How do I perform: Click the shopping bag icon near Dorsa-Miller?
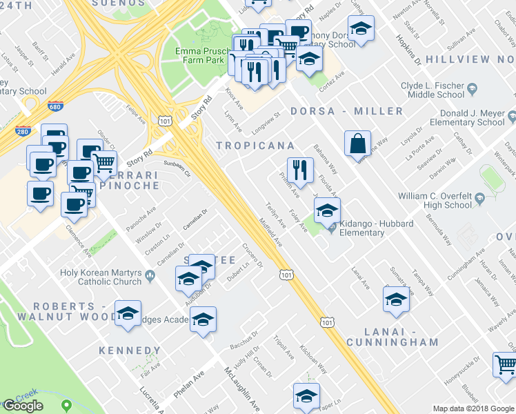[x=357, y=144]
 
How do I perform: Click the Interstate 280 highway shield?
[x=22, y=130]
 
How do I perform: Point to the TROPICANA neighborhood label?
[x=255, y=146]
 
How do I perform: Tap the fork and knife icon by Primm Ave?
[x=300, y=169]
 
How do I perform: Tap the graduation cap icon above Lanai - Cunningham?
[x=396, y=299]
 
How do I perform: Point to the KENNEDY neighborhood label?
[x=130, y=351]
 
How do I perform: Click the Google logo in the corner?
[x=23, y=406]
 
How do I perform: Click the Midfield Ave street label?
[x=270, y=233]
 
